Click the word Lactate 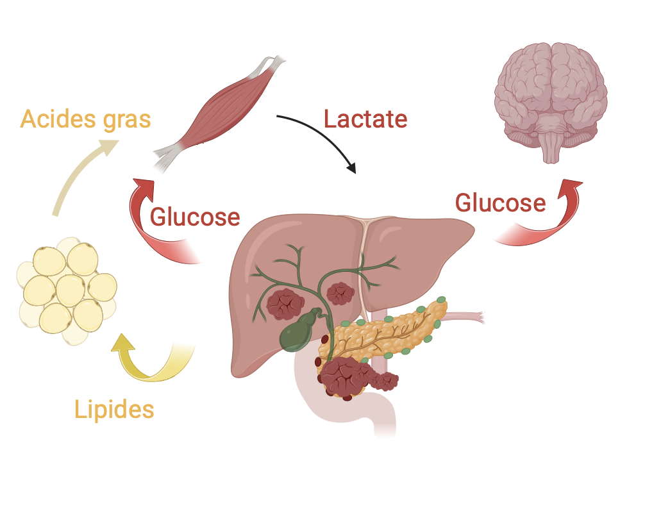365,119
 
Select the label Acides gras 85,119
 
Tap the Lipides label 114,409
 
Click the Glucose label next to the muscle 195,217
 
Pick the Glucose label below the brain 500,203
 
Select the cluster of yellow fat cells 67,291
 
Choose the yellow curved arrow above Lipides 154,362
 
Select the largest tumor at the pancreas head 342,378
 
